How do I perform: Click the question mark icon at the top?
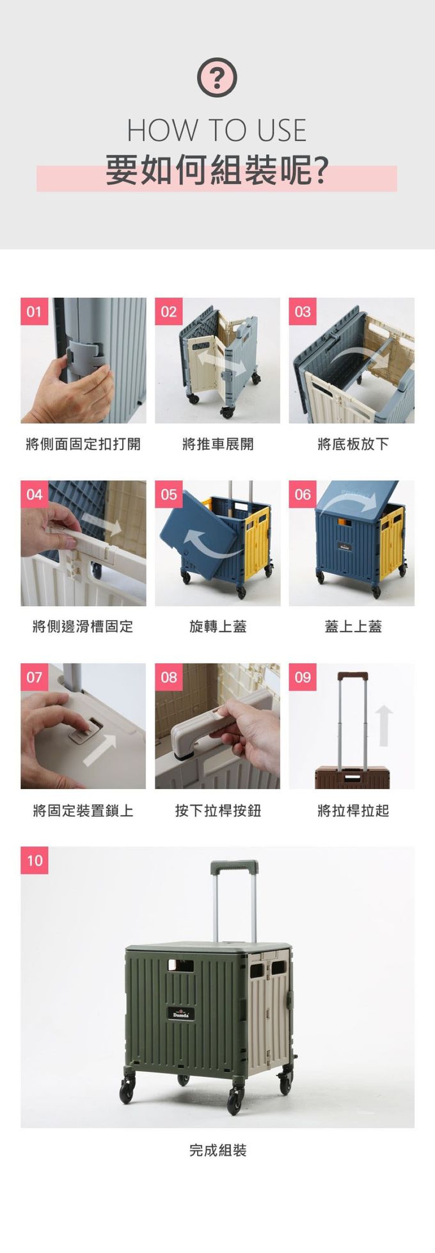[217, 77]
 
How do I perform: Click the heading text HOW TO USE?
[217, 131]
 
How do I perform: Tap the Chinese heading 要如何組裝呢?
[217, 170]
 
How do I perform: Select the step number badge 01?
[34, 312]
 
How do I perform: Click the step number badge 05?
[168, 494]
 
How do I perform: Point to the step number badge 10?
[35, 860]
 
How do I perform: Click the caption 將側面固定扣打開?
[83, 444]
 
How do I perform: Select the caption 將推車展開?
[217, 444]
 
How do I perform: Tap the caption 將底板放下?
[352, 444]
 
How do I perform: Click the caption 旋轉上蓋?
[217, 626]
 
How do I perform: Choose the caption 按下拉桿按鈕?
[217, 811]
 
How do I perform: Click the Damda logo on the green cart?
[181, 1014]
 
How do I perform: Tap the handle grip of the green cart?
[235, 867]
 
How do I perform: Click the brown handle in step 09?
[352, 676]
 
